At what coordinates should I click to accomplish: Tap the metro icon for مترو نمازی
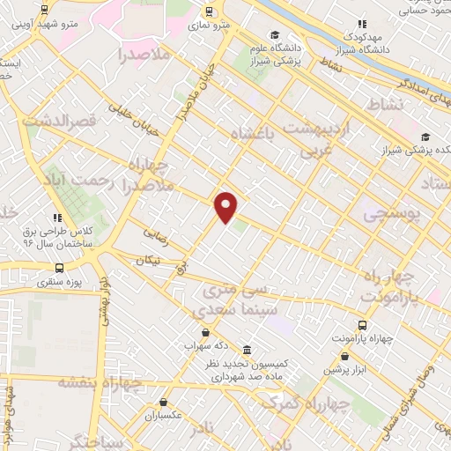(x=209, y=11)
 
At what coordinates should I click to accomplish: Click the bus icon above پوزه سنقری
(x=59, y=269)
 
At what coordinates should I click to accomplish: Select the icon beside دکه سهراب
(x=206, y=332)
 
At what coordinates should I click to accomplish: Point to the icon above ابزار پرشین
(x=345, y=356)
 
